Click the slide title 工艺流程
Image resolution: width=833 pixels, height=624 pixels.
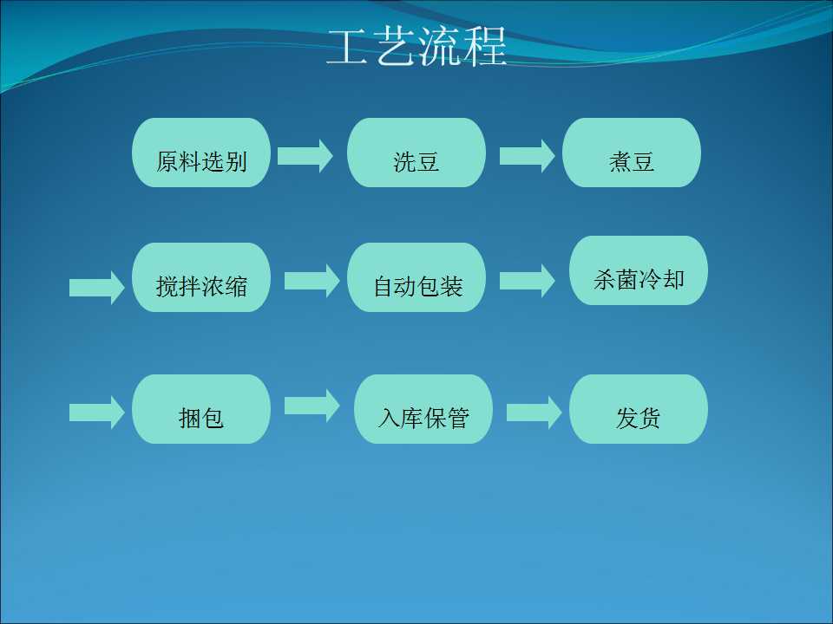click(x=416, y=47)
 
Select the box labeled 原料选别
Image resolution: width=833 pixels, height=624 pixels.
click(x=201, y=153)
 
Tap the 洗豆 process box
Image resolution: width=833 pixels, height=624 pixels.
click(x=416, y=153)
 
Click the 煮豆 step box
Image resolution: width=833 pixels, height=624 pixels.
click(x=632, y=153)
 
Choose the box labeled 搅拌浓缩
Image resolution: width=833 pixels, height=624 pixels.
click(x=201, y=277)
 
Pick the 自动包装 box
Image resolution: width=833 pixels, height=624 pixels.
click(x=416, y=277)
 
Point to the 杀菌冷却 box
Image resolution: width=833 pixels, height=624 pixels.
click(x=639, y=270)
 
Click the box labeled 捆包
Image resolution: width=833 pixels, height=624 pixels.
click(x=201, y=408)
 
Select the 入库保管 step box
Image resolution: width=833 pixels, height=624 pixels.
click(x=423, y=408)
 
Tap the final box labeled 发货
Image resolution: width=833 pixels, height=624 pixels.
click(x=639, y=408)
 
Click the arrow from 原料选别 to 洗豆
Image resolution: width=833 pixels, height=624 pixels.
click(x=305, y=156)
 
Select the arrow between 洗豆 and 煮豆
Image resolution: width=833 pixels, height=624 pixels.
click(x=528, y=156)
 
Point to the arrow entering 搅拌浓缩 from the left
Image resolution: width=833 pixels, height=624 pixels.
click(x=97, y=288)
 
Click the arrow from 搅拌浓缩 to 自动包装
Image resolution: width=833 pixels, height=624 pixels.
click(x=312, y=281)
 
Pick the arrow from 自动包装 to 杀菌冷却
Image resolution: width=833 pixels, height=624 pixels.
click(x=528, y=281)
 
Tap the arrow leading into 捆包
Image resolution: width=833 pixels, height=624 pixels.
click(x=97, y=413)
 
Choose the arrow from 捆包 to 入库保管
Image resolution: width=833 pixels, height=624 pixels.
click(x=312, y=406)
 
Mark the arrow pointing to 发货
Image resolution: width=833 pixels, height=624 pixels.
click(x=535, y=413)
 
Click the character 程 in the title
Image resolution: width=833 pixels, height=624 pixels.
click(x=485, y=47)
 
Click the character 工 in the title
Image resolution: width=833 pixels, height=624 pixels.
click(x=347, y=47)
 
